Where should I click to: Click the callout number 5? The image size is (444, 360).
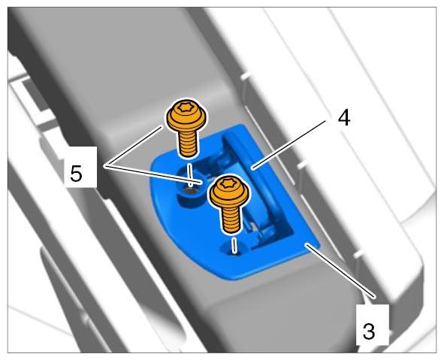tap(76, 174)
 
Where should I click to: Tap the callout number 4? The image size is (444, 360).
tap(344, 117)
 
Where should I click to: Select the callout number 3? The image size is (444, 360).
tap(369, 331)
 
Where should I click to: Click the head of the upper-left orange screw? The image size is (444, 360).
tap(186, 116)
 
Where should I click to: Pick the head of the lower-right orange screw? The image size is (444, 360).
tap(229, 190)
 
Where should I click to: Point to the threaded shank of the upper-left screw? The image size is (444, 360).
tap(188, 143)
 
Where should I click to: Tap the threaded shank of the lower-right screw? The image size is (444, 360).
tap(231, 219)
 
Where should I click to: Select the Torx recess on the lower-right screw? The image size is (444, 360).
tap(227, 183)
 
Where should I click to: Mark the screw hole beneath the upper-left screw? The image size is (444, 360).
tap(190, 192)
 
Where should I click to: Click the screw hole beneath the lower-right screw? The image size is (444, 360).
tap(234, 250)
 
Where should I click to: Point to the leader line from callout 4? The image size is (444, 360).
tap(290, 144)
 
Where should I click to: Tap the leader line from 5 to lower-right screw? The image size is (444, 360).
tap(154, 174)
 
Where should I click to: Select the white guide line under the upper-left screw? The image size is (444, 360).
tap(191, 174)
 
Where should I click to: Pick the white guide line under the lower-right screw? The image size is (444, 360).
tap(234, 245)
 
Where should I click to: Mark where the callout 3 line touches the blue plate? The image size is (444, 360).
tap(307, 244)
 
